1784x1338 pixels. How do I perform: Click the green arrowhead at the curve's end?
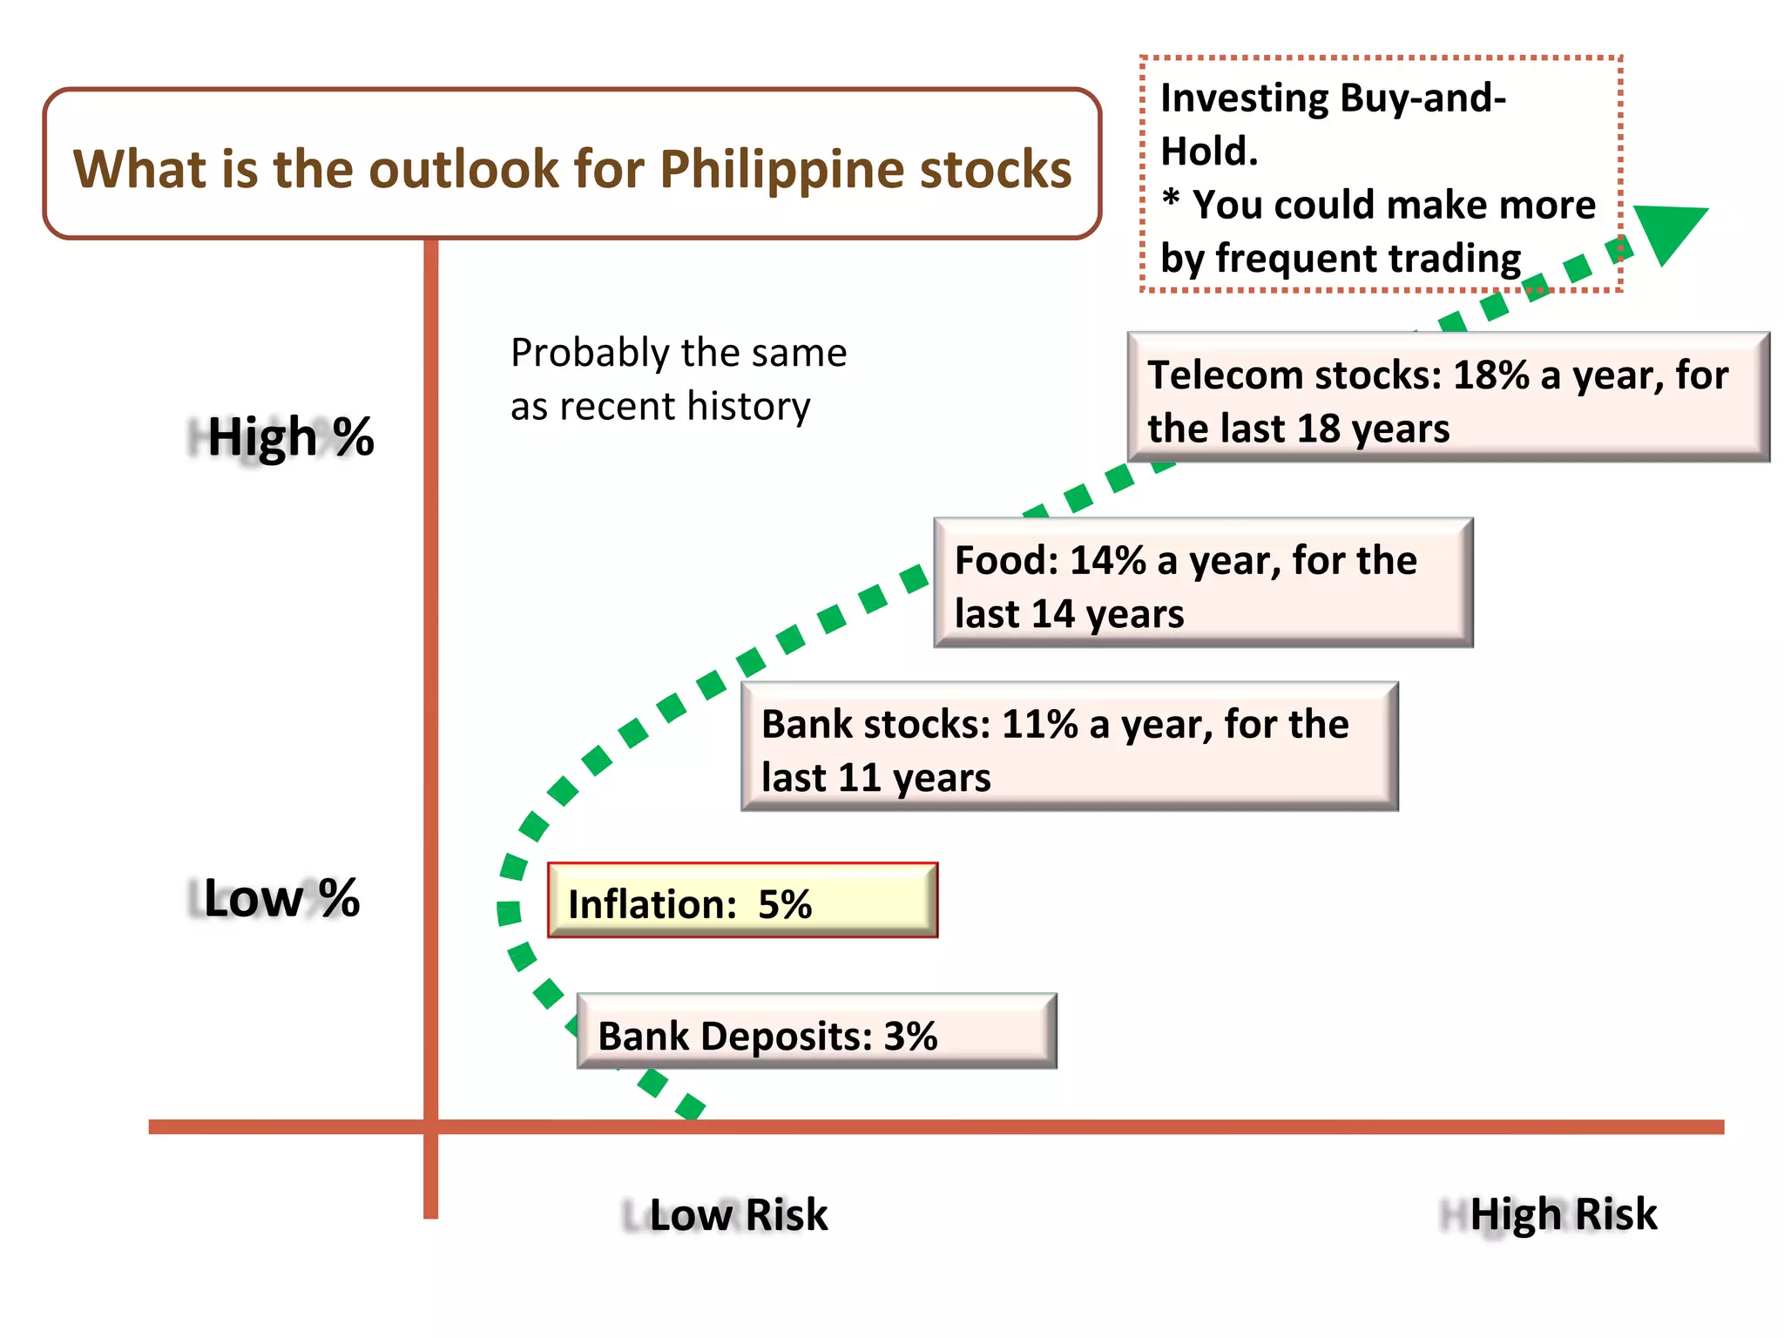pos(1668,230)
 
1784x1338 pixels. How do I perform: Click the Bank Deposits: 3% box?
pos(816,1033)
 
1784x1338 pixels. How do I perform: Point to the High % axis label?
pos(290,436)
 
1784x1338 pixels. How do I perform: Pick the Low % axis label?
pos(280,898)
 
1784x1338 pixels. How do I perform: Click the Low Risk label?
pos(738,1214)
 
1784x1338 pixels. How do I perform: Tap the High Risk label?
pos(1563,1214)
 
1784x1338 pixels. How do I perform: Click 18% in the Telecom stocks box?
pos(1490,375)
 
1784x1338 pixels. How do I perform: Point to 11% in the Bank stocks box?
pos(1039,725)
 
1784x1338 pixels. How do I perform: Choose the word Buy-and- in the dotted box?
pos(1422,98)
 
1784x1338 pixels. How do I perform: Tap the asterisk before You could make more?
pos(1172,200)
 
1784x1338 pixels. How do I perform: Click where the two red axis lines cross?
pos(430,1126)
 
